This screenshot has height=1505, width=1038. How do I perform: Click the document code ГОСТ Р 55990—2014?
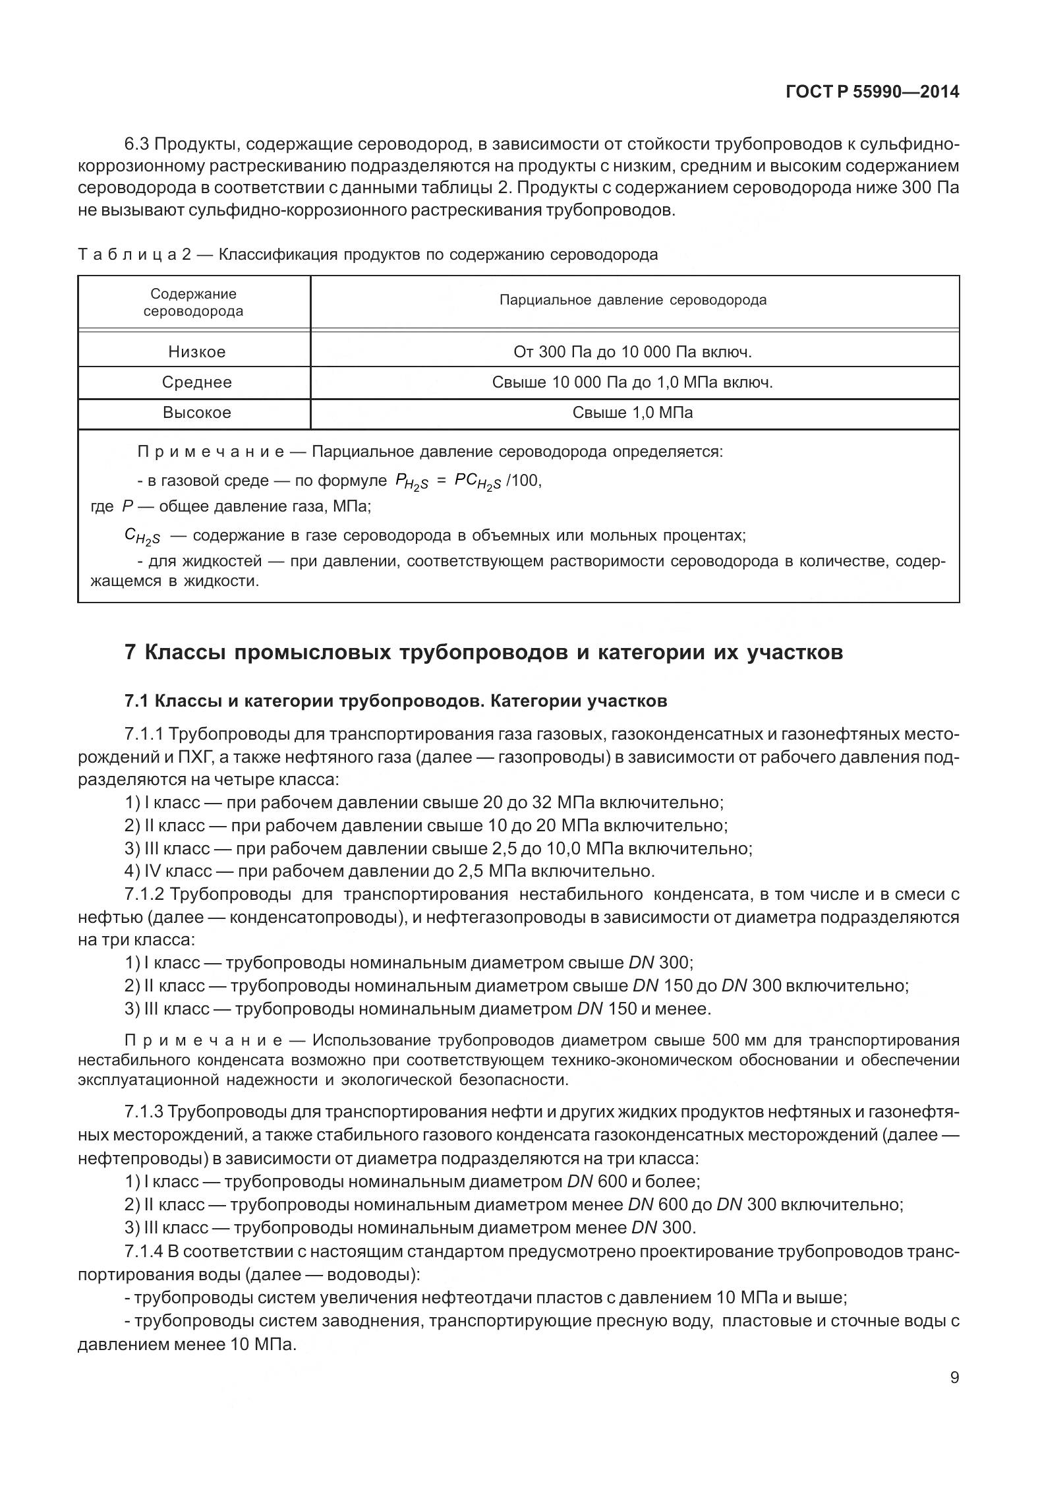point(872,92)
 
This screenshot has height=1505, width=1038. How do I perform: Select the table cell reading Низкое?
point(196,352)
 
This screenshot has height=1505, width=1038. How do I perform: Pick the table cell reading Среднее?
point(196,382)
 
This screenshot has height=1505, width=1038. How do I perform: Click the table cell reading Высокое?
point(196,413)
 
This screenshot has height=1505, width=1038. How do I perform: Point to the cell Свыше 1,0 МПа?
point(633,413)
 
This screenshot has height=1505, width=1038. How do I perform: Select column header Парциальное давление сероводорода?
point(633,300)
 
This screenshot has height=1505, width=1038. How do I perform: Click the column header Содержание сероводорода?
point(193,303)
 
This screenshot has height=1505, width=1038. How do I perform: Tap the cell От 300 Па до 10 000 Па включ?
point(633,352)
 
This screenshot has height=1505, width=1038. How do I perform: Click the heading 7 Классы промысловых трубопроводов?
point(483,653)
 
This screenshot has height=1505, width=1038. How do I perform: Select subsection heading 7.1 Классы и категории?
point(395,701)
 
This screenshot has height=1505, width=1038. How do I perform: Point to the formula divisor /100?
point(525,481)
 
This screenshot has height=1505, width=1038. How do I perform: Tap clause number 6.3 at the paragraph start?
point(137,144)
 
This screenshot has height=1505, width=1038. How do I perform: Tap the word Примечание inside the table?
point(210,452)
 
